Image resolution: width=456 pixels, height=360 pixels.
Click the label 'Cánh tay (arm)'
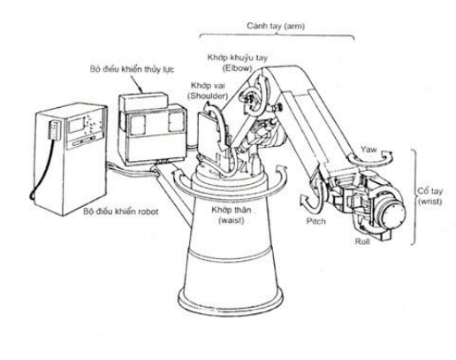[x=276, y=27]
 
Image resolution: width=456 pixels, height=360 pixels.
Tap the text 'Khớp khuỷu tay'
[x=238, y=57]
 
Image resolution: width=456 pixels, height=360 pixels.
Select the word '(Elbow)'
[x=238, y=68]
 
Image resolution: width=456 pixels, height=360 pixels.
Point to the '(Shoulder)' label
[x=209, y=96]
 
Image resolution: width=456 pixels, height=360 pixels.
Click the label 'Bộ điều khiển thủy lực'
[x=132, y=69]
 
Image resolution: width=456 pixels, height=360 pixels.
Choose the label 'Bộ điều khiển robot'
[x=120, y=211]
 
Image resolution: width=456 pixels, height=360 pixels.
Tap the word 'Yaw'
[x=369, y=149]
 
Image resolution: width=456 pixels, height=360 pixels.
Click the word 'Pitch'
[x=316, y=221]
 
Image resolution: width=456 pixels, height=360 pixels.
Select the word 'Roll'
[x=362, y=241]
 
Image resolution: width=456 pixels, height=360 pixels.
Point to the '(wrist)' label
[x=430, y=202]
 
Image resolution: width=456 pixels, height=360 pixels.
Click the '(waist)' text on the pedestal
[x=232, y=220]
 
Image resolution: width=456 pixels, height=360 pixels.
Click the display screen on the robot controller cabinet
[x=76, y=125]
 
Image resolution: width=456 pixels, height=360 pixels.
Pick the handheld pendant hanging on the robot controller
[x=55, y=129]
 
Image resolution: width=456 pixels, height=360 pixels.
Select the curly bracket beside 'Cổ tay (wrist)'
[x=414, y=197]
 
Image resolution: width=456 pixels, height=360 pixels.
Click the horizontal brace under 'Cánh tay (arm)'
[x=277, y=35]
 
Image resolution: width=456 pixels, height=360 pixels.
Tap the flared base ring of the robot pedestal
[x=231, y=301]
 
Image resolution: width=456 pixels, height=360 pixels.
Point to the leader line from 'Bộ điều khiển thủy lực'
[x=137, y=84]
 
